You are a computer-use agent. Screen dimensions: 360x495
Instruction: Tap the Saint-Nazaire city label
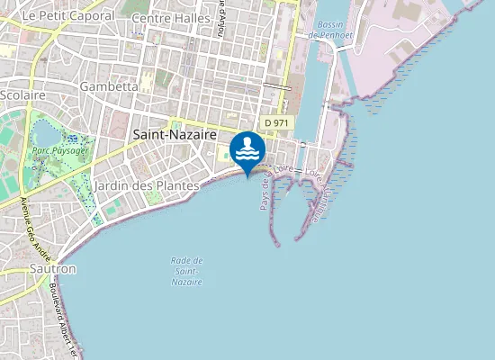click(175, 133)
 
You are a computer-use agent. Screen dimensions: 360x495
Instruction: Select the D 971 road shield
click(275, 121)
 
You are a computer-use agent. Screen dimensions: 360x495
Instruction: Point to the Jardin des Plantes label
click(146, 185)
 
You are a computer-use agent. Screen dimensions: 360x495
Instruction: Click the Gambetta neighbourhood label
click(108, 86)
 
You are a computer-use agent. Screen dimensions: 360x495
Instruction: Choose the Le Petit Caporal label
click(67, 15)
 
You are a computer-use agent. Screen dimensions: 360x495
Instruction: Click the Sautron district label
click(52, 268)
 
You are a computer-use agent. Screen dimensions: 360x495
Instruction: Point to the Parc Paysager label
click(60, 150)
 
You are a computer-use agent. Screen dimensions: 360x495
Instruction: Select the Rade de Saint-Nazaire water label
click(186, 271)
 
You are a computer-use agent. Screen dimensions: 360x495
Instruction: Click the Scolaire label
click(23, 94)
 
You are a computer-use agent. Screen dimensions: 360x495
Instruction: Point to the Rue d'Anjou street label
click(221, 18)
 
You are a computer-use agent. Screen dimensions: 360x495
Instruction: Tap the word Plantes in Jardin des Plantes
click(176, 185)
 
